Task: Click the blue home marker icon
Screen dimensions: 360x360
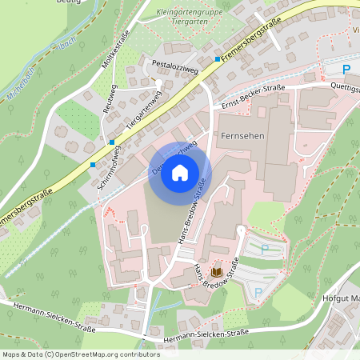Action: (x=180, y=172)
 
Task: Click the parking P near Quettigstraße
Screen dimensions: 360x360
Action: (x=346, y=70)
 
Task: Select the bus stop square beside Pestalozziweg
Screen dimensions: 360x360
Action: (x=217, y=59)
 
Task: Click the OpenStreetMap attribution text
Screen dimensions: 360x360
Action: (x=80, y=354)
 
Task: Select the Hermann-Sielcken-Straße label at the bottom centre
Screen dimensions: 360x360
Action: (x=204, y=339)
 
